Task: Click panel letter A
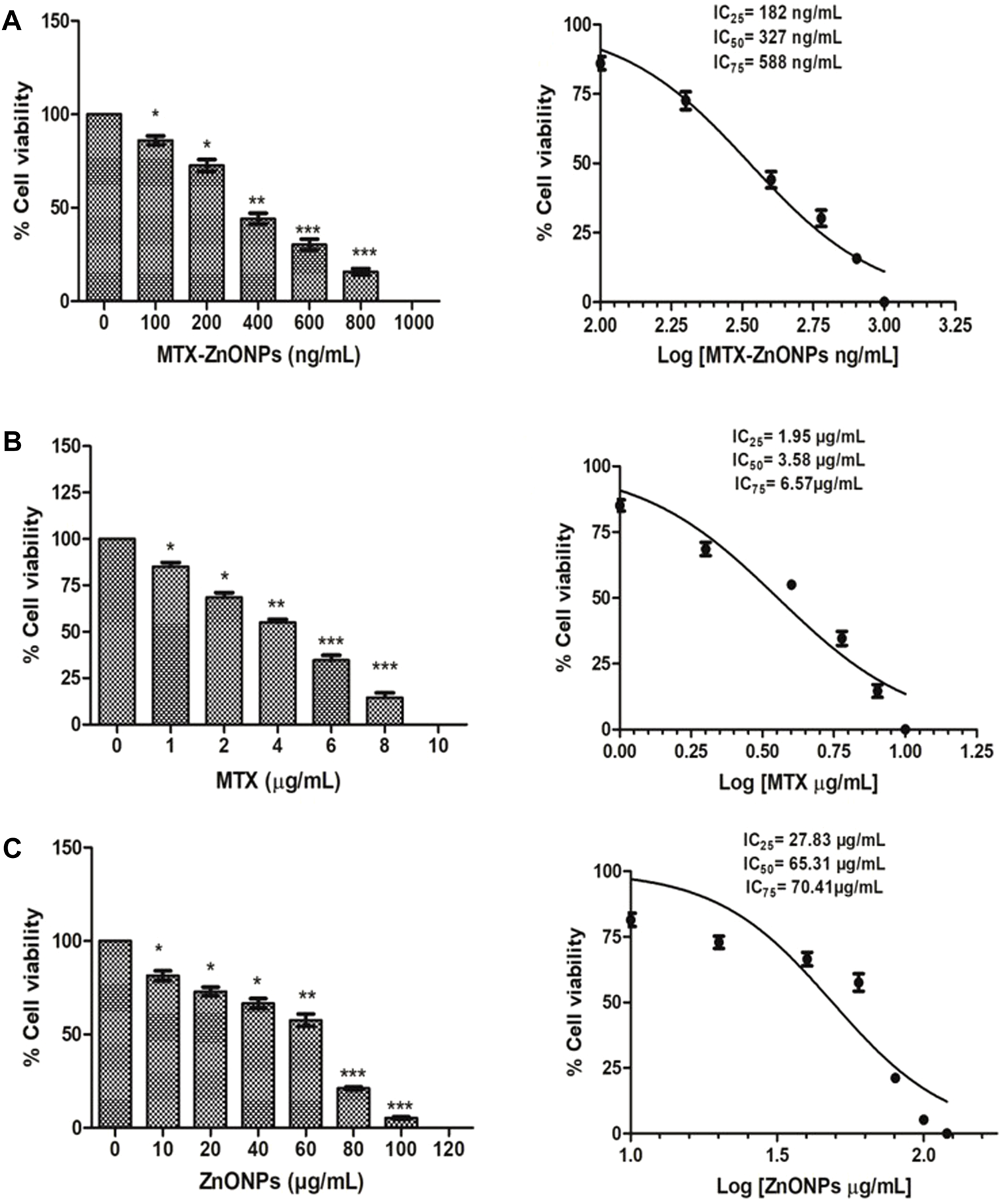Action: [x=12, y=22]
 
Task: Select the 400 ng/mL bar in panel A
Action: [x=258, y=259]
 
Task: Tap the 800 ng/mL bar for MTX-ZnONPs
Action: [x=361, y=285]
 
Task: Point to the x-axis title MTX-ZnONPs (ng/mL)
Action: [x=258, y=356]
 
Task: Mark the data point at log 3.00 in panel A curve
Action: [x=884, y=302]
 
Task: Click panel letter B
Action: [x=12, y=442]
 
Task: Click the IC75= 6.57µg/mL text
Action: [x=798, y=484]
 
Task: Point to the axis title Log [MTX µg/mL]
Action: [x=798, y=783]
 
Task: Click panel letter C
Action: [x=12, y=848]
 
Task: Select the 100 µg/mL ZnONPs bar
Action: [x=401, y=1121]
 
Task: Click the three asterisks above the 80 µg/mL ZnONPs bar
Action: [x=353, y=1074]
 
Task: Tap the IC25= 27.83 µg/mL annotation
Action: [x=813, y=841]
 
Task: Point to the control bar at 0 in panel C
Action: [x=115, y=1033]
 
